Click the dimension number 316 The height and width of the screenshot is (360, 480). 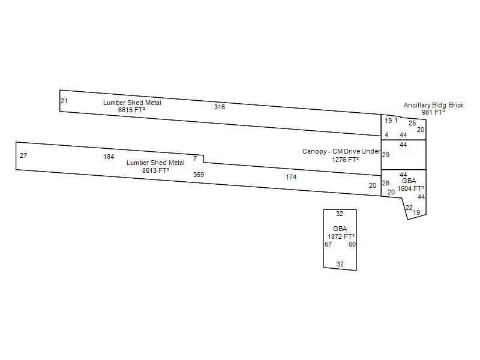(220, 107)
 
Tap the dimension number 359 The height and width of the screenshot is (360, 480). (199, 175)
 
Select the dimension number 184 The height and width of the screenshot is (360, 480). (109, 157)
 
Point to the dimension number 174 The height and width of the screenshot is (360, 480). (291, 177)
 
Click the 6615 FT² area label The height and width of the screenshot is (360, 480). (131, 110)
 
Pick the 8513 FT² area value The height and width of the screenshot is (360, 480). (155, 170)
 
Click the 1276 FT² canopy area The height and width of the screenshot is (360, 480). (346, 159)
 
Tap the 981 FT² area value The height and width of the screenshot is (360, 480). (433, 112)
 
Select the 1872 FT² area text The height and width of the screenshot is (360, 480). (341, 236)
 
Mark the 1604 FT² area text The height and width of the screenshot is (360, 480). (411, 188)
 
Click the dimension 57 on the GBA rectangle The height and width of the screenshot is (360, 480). (328, 244)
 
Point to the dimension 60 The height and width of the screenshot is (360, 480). (352, 244)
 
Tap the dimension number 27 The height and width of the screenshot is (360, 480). (23, 155)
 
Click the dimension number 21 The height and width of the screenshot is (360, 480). (64, 101)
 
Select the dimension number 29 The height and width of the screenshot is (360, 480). (386, 155)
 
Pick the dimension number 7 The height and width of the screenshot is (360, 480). (195, 158)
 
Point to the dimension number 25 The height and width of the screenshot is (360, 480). (412, 123)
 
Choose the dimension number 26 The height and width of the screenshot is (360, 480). (386, 183)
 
